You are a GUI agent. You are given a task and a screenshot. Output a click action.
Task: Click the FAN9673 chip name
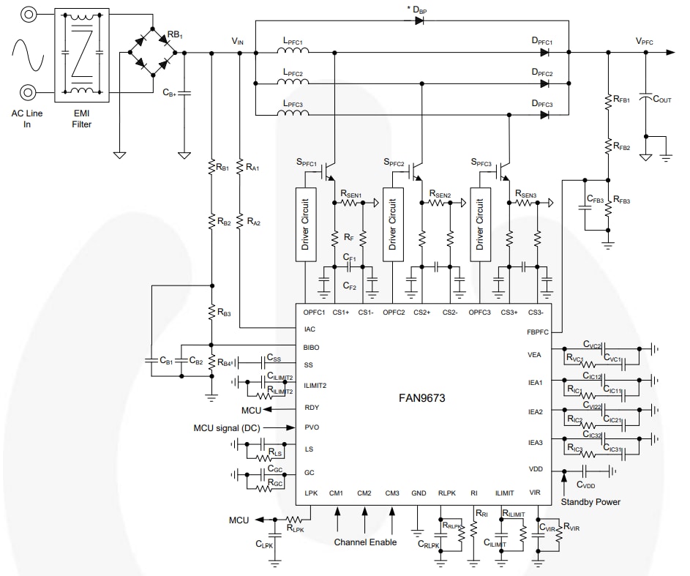[422, 399]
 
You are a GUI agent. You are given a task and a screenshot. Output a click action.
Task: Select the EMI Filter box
[82, 53]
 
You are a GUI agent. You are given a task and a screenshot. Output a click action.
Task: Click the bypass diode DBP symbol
[419, 20]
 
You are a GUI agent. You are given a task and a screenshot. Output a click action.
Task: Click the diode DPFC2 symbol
[544, 83]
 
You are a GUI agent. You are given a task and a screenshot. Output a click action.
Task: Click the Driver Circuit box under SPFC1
[305, 224]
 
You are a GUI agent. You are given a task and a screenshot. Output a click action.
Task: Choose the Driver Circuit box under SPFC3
[480, 224]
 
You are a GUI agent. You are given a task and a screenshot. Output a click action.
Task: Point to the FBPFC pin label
[538, 331]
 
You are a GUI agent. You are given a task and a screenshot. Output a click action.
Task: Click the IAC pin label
[310, 329]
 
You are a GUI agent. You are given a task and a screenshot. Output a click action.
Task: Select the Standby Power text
[590, 501]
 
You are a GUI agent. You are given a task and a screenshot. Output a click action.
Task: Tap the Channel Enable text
[366, 542]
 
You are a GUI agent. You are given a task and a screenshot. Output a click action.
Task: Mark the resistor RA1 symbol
[240, 167]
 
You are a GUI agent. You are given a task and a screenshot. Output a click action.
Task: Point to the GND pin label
[419, 493]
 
